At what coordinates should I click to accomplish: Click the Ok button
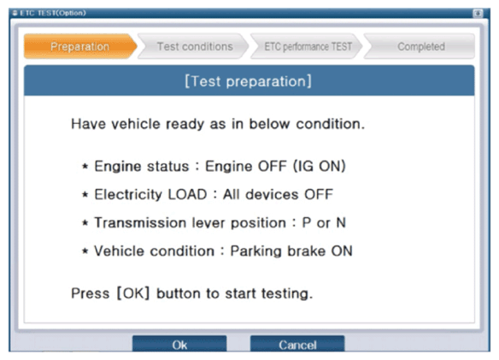coord(179,344)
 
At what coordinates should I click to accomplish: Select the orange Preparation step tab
coord(80,46)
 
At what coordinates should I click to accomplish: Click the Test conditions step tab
coord(193,46)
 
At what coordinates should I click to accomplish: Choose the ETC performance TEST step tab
coord(307,46)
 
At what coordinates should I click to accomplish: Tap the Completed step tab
coord(420,46)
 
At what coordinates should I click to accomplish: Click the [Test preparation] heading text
coord(249,81)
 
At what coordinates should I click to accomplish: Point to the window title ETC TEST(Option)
coord(53,13)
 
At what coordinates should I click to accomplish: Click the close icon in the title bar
coord(478,14)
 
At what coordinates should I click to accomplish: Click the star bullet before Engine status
coord(85,166)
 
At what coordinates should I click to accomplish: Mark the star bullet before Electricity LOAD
coord(85,194)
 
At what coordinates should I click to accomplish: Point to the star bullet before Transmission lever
coord(85,222)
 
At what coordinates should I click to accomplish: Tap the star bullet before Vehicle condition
coord(85,251)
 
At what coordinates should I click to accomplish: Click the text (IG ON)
coord(320,166)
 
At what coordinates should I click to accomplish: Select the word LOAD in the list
coord(187,194)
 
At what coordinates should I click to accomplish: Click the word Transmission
coord(141,222)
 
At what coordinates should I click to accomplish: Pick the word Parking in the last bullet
coord(256,251)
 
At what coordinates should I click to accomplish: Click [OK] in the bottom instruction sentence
coord(133,293)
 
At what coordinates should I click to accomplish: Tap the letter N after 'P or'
coord(341,222)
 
